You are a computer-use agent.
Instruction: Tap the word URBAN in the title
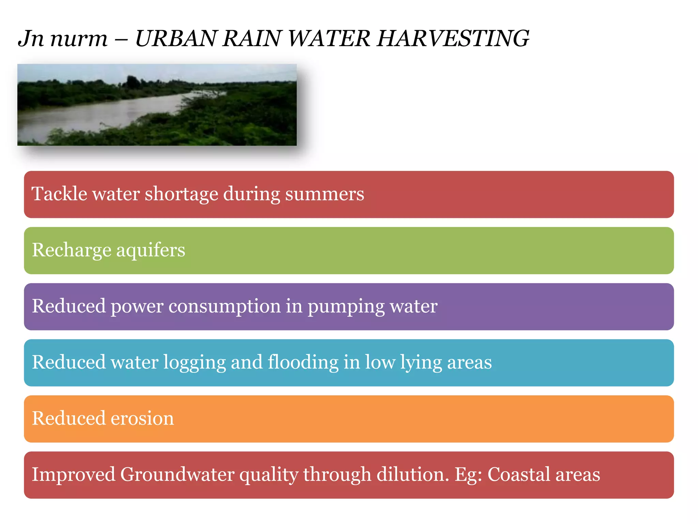click(176, 38)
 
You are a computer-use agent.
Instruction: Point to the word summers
click(324, 194)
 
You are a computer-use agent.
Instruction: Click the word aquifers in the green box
click(151, 251)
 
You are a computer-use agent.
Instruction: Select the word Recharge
click(72, 251)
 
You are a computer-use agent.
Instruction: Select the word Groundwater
click(177, 475)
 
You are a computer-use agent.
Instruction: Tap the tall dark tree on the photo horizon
click(133, 82)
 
